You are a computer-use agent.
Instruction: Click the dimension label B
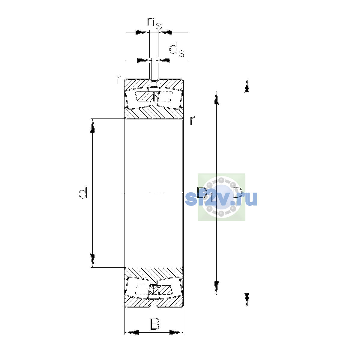(x=155, y=324)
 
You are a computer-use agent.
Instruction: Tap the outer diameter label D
(x=238, y=193)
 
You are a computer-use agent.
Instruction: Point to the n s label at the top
(x=154, y=24)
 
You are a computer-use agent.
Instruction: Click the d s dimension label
(x=177, y=50)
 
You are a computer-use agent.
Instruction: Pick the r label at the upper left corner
(x=119, y=79)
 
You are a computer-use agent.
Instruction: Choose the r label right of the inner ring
(x=192, y=120)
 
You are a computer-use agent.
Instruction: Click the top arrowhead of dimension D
(x=247, y=86)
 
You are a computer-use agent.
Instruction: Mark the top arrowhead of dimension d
(x=93, y=125)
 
